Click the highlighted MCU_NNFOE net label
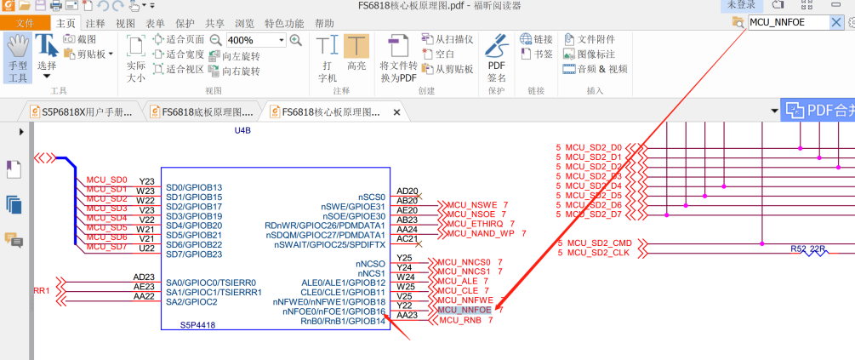(x=465, y=311)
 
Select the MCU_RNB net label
(x=461, y=321)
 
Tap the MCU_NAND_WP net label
(x=481, y=233)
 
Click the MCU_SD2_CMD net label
(x=599, y=243)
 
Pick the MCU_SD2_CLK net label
(x=597, y=253)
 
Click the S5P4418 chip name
(x=198, y=325)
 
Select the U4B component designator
(x=242, y=130)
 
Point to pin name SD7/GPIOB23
(x=194, y=254)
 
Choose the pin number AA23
(x=408, y=315)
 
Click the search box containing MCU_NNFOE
(x=788, y=22)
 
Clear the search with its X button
(x=836, y=22)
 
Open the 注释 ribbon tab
(x=95, y=23)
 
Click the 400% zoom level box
(x=255, y=40)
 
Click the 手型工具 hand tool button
(x=18, y=59)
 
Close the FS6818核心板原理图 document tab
(x=396, y=111)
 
